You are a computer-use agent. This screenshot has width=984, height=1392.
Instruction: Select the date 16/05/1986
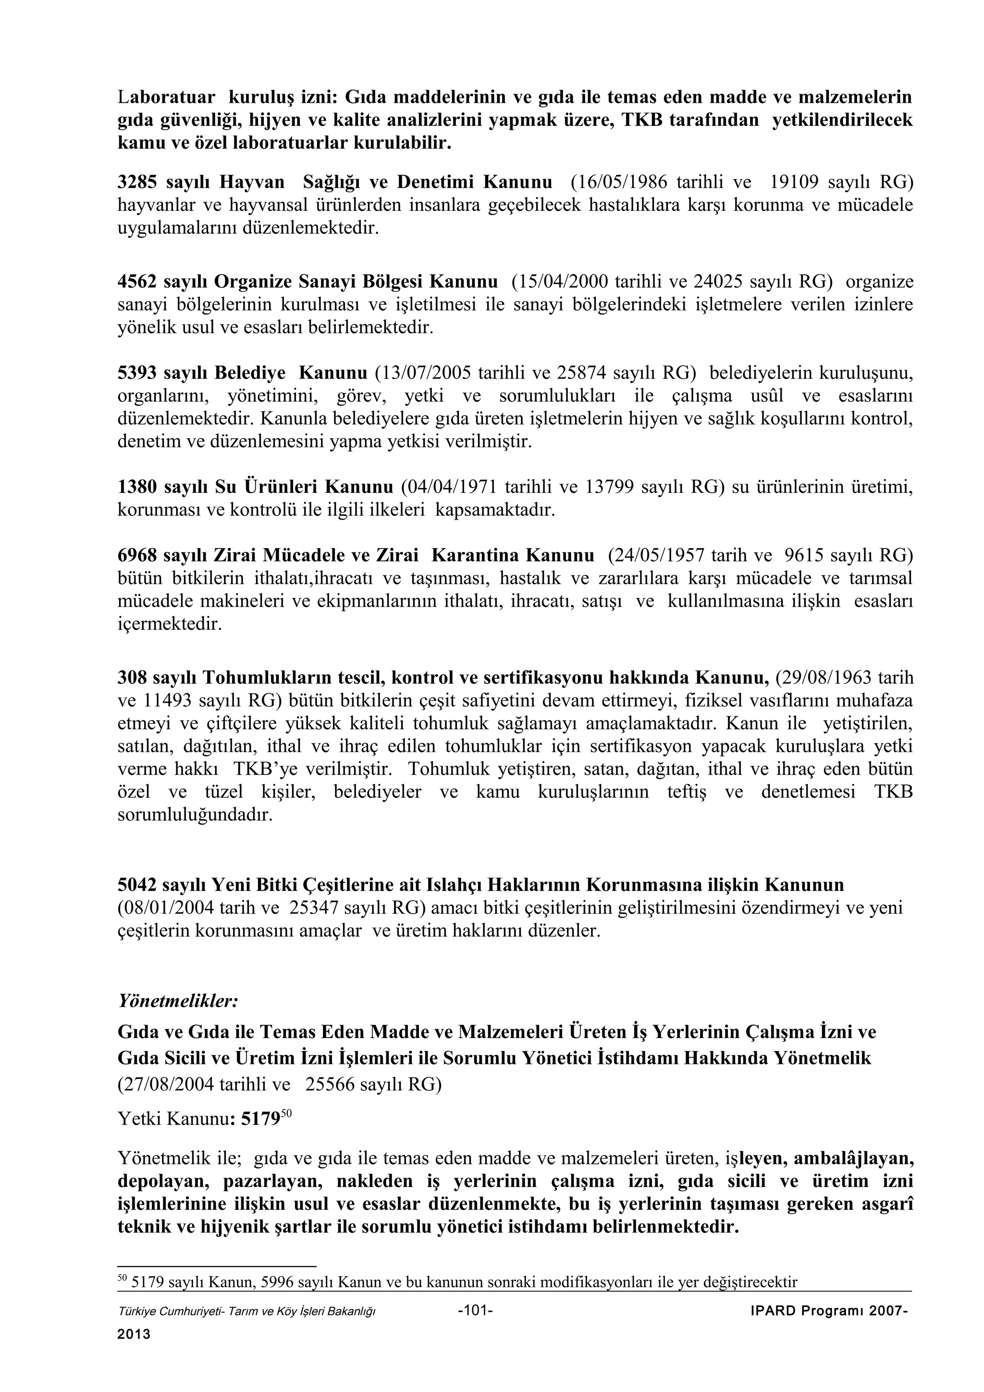pyautogui.click(x=620, y=183)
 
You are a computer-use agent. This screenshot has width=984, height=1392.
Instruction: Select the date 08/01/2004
pyautogui.click(x=167, y=908)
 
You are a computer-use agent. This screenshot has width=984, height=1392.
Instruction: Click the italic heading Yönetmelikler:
pyautogui.click(x=178, y=1001)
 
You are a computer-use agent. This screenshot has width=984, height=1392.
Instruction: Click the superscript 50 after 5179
pyautogui.click(x=287, y=1114)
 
